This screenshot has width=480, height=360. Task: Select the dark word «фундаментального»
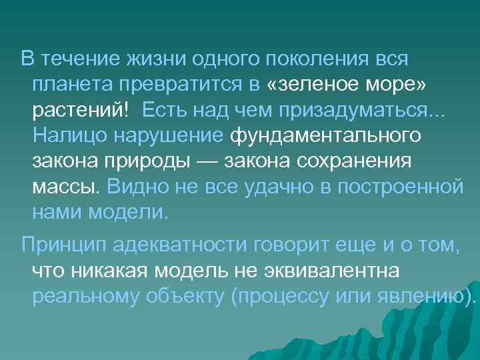click(325, 135)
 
